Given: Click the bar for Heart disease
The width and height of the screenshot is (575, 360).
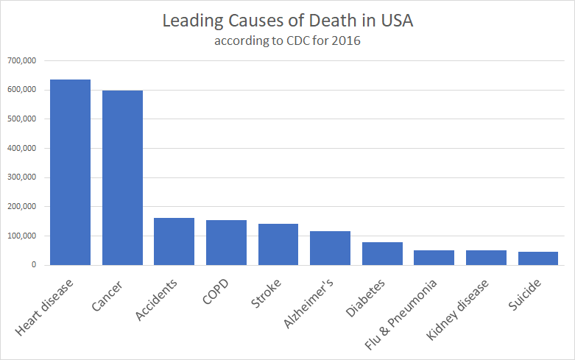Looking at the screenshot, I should [70, 172].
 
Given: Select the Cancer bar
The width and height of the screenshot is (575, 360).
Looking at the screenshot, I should [122, 177].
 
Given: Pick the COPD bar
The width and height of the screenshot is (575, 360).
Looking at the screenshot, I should [226, 242].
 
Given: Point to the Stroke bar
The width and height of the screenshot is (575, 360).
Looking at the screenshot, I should [278, 244].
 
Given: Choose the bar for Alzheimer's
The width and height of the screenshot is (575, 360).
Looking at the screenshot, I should [330, 248].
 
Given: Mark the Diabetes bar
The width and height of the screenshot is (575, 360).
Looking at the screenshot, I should [382, 253].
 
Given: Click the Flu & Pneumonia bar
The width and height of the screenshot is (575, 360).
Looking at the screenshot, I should [434, 258].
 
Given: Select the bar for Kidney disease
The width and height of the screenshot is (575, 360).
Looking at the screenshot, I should [486, 258].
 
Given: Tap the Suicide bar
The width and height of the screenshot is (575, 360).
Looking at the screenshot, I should [537, 258].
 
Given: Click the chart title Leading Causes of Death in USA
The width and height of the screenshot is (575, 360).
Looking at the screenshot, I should [287, 21].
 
